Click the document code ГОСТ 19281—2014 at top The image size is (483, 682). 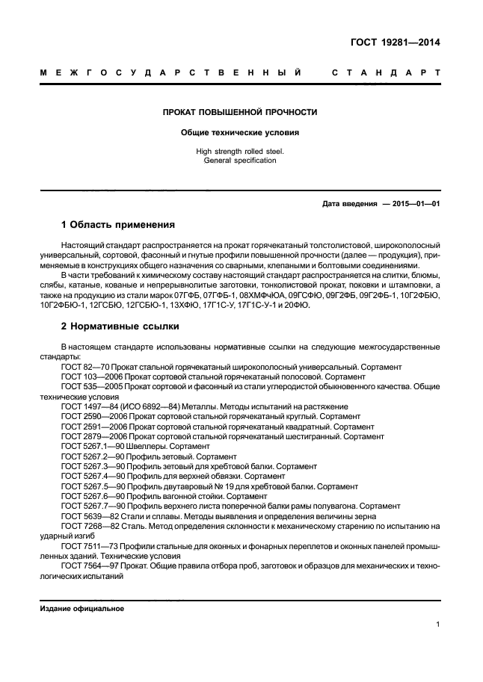click(x=395, y=43)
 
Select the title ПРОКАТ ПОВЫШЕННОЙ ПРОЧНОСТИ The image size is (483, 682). click(x=240, y=113)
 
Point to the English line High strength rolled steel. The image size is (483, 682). click(x=240, y=152)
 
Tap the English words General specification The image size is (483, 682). click(x=240, y=161)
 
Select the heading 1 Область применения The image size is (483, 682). click(x=117, y=224)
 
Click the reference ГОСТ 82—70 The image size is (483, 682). click(x=85, y=368)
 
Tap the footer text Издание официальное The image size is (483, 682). click(x=81, y=609)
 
